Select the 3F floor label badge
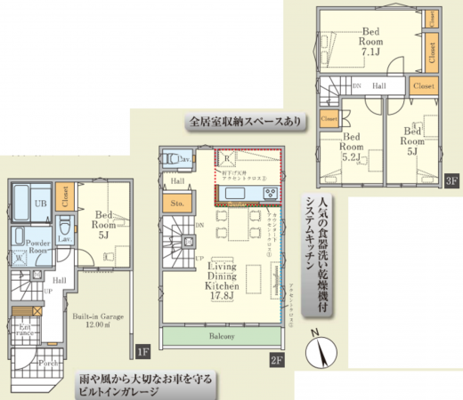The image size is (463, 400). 451,181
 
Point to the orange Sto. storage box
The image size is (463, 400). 175,204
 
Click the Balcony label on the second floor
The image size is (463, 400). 223,337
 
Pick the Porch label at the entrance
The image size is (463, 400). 47,362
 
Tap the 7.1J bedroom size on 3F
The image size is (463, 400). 371,52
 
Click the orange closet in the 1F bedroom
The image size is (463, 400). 64,197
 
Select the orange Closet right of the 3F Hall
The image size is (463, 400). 423,85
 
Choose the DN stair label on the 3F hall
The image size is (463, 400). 356,86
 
